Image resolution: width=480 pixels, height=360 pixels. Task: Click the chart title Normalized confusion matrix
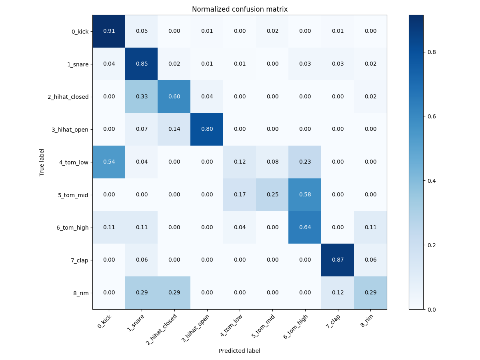pyautogui.click(x=240, y=9)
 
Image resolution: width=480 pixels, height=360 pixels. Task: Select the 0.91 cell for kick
pyautogui.click(x=109, y=31)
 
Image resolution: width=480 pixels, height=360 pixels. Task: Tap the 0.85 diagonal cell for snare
pyautogui.click(x=142, y=64)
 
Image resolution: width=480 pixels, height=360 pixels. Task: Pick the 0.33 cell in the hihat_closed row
pyautogui.click(x=142, y=96)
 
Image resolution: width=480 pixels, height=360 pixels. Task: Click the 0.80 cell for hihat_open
pyautogui.click(x=207, y=129)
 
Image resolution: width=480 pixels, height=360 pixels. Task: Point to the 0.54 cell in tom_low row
pyautogui.click(x=109, y=162)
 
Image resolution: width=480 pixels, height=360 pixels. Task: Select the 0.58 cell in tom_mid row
pyautogui.click(x=305, y=195)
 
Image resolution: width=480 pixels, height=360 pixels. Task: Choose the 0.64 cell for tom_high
pyautogui.click(x=305, y=227)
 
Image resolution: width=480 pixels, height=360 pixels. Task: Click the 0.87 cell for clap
pyautogui.click(x=338, y=260)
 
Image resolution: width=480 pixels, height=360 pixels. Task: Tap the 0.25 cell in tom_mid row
pyautogui.click(x=272, y=195)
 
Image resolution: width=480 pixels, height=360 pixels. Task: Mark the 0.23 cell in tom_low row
pyautogui.click(x=305, y=162)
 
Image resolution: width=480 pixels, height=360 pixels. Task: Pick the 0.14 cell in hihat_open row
pyautogui.click(x=174, y=129)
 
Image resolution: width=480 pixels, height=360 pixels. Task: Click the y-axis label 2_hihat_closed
pyautogui.click(x=68, y=97)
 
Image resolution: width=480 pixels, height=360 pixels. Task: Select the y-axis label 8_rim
pyautogui.click(x=81, y=293)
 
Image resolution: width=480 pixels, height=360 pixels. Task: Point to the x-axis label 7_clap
pyautogui.click(x=333, y=322)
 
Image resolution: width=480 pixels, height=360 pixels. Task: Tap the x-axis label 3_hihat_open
pyautogui.click(x=196, y=328)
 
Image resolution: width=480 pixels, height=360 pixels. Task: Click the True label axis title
pyautogui.click(x=42, y=162)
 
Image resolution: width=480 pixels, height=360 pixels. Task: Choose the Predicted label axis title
pyautogui.click(x=240, y=351)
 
